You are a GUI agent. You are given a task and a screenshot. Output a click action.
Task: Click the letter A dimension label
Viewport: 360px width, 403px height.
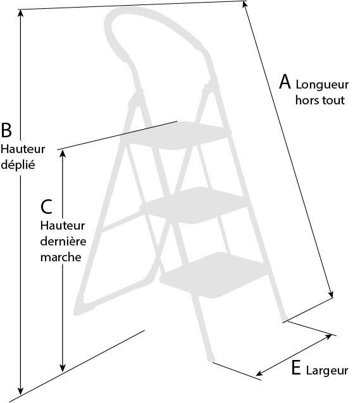coord(285,82)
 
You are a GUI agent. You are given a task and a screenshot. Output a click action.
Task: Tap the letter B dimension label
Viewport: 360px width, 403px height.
coord(6,130)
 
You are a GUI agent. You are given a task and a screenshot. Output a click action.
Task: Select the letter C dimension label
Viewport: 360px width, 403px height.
coord(47,207)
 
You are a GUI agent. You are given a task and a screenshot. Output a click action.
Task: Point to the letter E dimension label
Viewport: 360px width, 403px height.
coord(296,368)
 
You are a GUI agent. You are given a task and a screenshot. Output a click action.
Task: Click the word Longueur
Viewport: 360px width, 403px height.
coord(322,85)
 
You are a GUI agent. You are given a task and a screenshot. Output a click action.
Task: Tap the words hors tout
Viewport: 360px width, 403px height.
coord(320,100)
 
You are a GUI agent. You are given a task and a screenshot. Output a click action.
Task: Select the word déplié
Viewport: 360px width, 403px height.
coord(18,164)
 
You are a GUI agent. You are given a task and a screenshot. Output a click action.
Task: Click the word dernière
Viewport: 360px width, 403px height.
coord(63,241)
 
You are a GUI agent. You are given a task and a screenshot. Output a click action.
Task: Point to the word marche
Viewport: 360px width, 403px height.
coord(61,257)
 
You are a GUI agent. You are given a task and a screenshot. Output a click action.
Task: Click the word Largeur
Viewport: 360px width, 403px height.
coord(327,371)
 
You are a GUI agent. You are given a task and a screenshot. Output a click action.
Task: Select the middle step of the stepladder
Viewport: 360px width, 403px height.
coord(194,205)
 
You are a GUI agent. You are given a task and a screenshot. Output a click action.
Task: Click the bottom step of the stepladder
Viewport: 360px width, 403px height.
coord(214,275)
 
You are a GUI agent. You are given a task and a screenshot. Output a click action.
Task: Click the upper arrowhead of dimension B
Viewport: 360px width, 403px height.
coord(20,13)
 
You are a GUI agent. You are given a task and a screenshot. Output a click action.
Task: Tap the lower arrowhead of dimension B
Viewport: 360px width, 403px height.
coord(20,391)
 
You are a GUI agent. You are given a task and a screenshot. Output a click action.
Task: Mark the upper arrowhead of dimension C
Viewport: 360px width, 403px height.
coord(63,154)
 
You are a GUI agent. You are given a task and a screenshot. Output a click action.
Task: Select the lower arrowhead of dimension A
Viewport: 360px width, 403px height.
coord(332,294)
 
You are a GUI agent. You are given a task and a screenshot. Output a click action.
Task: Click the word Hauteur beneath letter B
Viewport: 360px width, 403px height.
coord(23,149)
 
